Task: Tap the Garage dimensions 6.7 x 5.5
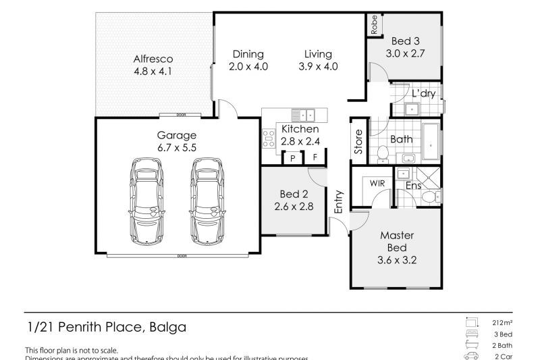point(178,147)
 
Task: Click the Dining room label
point(248,54)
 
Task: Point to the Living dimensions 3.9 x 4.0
point(317,66)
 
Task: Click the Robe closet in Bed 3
point(374,24)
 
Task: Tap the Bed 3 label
point(403,41)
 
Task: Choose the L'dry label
point(423,94)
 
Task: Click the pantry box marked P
point(293,159)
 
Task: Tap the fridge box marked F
point(315,159)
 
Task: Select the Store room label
point(358,142)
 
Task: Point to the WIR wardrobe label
point(376,182)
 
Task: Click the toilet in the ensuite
point(431,196)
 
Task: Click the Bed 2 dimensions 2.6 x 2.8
point(294,207)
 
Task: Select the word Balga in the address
point(166,327)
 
